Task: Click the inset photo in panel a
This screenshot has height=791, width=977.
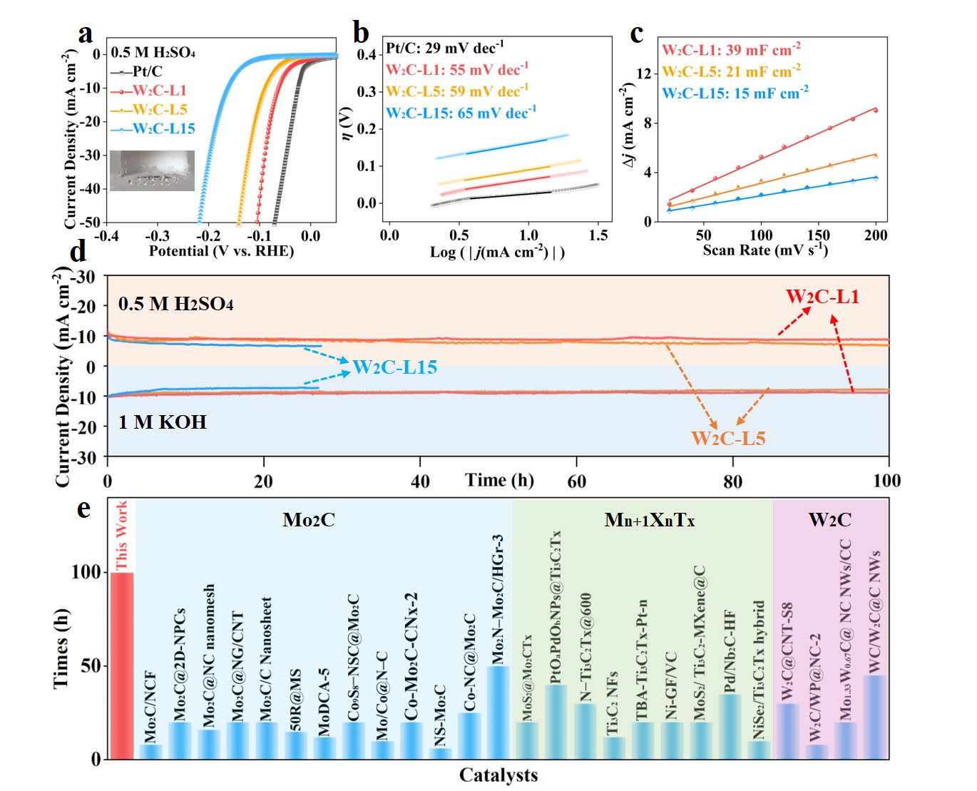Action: point(152,170)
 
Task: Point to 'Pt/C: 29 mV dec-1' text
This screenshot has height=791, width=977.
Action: point(445,49)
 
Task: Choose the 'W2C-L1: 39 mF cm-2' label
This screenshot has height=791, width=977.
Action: point(731,50)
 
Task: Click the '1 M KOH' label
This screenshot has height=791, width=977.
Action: point(163,422)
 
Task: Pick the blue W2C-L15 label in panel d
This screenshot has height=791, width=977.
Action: point(394,367)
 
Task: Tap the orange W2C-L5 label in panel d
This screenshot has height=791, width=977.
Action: point(728,438)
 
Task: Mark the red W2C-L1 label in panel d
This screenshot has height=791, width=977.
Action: point(822,297)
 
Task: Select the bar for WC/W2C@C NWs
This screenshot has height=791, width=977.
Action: point(874,716)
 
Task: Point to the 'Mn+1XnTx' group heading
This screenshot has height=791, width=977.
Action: point(649,520)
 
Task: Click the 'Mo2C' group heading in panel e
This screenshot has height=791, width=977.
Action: point(308,520)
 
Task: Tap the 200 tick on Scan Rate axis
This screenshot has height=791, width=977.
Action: point(876,235)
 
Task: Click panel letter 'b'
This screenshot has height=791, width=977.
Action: point(361,33)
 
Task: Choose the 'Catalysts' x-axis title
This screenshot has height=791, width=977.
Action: point(498,775)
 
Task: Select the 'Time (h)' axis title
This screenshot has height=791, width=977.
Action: point(499,480)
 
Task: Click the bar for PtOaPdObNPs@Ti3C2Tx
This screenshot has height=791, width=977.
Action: point(556,721)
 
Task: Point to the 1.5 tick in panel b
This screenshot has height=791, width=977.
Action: point(598,235)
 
